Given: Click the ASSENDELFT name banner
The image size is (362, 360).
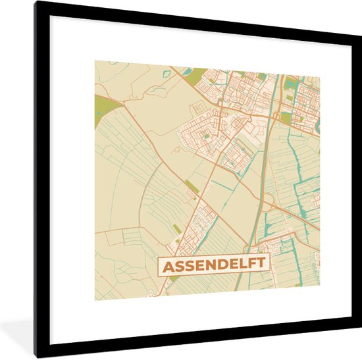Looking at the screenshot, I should coord(213,265).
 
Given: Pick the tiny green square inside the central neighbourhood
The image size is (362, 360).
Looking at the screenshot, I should coord(206,136).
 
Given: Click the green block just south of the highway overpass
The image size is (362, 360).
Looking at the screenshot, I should coord(286,116).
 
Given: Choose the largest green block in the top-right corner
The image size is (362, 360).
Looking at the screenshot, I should coord(291,83).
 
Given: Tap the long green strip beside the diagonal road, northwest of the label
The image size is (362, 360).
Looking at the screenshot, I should coord(192,186).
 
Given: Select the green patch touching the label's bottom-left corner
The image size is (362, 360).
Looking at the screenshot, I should coord(172,278).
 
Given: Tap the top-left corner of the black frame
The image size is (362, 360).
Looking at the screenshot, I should coord(36,3).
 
